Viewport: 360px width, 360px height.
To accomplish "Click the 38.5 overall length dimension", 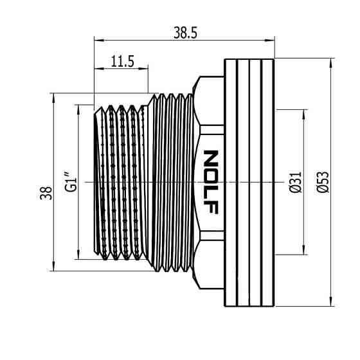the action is [185, 33].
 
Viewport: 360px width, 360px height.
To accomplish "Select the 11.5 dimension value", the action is [122, 62].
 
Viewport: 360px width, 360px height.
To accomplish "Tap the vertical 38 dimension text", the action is [46, 193].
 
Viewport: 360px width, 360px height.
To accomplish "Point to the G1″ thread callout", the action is [70, 181].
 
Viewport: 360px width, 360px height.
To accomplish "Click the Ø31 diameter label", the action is [295, 182].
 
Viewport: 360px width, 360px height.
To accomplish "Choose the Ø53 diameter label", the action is [323, 182].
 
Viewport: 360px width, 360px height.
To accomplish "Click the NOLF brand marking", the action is [211, 182].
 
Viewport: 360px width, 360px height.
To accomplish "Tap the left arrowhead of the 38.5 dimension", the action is [99, 40].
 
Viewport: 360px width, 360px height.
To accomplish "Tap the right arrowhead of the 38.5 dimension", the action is [269, 40].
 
